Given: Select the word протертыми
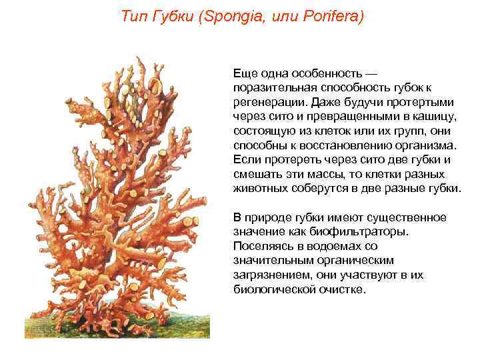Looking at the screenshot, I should click(x=419, y=102).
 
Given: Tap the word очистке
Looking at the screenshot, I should click(x=343, y=290).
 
